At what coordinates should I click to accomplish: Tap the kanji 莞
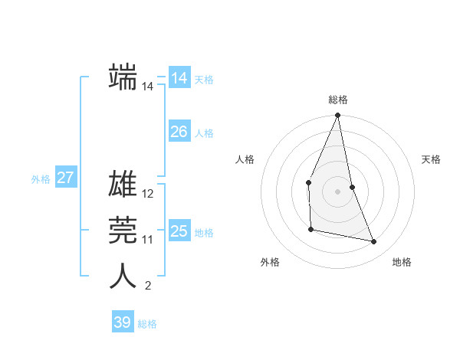point(123,230)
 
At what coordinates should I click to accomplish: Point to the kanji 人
point(123,276)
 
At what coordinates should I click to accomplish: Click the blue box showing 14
point(179,78)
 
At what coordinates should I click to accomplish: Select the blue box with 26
point(179,132)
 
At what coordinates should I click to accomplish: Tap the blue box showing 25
point(179,231)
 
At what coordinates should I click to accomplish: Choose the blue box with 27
point(65,178)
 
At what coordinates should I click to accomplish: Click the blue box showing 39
point(122,322)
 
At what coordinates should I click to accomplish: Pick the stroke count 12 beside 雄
point(148,195)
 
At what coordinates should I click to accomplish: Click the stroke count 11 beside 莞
point(148,240)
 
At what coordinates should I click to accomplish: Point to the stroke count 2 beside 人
point(148,286)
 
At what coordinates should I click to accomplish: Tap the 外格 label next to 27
point(41,179)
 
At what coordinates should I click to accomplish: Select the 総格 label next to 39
point(147,324)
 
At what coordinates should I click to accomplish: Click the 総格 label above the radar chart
point(337,100)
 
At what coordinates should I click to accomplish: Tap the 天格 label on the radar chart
point(431,159)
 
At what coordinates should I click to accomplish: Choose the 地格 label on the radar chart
point(402,262)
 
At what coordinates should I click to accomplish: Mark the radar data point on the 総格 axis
point(337,116)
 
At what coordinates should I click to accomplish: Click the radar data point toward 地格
point(374,242)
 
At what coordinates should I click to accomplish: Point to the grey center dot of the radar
point(337,191)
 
